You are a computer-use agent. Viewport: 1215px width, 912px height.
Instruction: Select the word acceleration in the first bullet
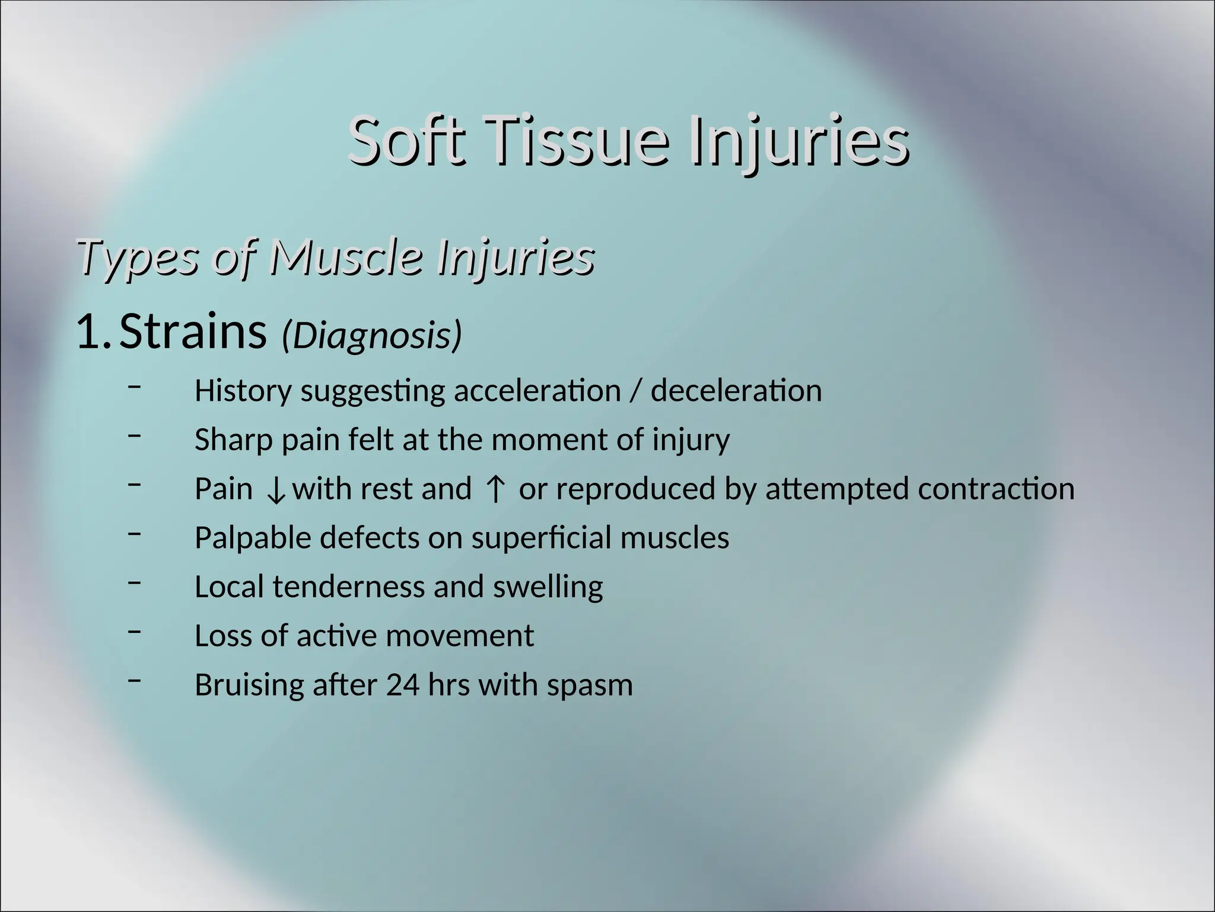pyautogui.click(x=537, y=391)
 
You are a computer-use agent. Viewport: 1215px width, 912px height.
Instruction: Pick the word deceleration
pyautogui.click(x=736, y=391)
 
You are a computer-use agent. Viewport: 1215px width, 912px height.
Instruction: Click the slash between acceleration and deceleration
pyautogui.click(x=636, y=392)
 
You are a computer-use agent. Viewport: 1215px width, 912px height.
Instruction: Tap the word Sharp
pyautogui.click(x=234, y=441)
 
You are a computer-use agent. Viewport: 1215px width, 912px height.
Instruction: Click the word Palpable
pyautogui.click(x=253, y=539)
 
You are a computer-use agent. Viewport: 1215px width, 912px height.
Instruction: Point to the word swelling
pyautogui.click(x=548, y=587)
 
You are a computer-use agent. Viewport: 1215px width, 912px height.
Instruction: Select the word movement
pyautogui.click(x=460, y=636)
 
